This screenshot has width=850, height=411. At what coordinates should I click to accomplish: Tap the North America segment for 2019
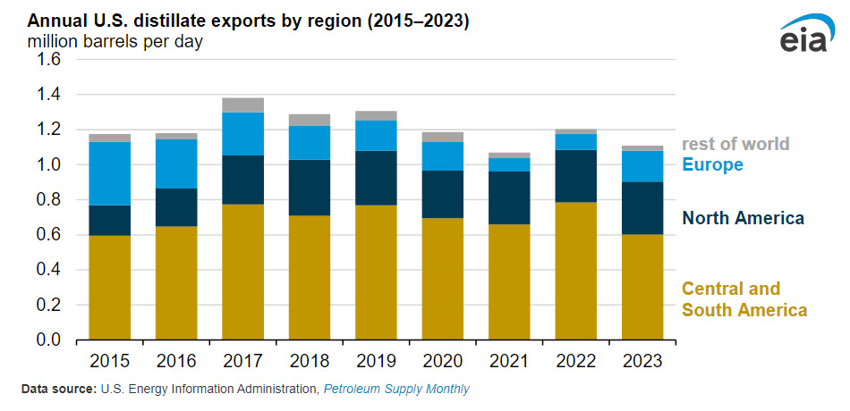(377, 178)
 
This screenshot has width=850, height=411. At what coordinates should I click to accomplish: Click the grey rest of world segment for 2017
(243, 105)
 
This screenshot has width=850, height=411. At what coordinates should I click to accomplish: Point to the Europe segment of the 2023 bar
(643, 166)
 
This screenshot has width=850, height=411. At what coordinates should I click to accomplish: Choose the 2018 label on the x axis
(310, 362)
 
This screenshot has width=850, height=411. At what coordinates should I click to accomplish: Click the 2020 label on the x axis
(443, 362)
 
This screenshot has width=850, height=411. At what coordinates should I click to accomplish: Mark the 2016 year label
(176, 362)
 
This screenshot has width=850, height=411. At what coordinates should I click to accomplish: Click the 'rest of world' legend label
(735, 144)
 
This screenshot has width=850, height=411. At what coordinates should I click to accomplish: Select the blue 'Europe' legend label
(712, 164)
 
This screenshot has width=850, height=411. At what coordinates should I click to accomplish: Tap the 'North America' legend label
(743, 218)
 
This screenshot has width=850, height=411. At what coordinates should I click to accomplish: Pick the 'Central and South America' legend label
(744, 299)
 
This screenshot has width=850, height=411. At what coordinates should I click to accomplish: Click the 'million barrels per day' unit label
(115, 42)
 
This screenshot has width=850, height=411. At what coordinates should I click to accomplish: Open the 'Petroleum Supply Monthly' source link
(396, 390)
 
